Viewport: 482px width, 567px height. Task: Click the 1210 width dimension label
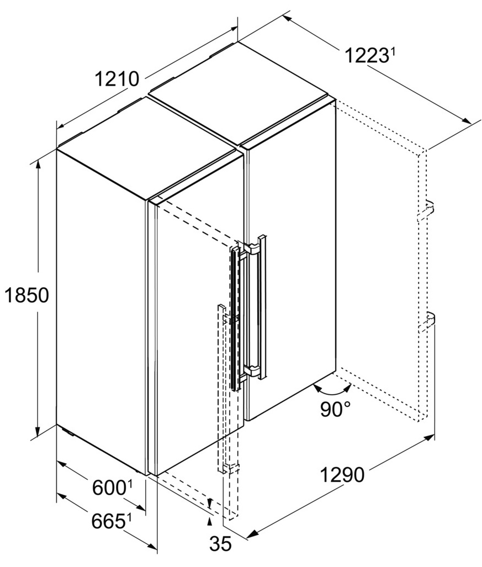tap(117, 79)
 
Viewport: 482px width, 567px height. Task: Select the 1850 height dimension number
tap(27, 295)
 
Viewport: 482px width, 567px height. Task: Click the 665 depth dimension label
tap(108, 521)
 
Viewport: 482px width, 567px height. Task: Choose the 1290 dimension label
tap(342, 475)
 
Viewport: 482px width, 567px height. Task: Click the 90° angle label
tap(335, 409)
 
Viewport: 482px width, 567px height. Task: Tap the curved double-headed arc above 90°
tap(332, 390)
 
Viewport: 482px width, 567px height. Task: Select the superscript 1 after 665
tap(128, 518)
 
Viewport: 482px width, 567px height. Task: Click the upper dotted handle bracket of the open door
tap(426, 211)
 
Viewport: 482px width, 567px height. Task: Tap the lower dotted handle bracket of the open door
tap(427, 322)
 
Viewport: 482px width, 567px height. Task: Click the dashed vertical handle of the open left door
tap(221, 389)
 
